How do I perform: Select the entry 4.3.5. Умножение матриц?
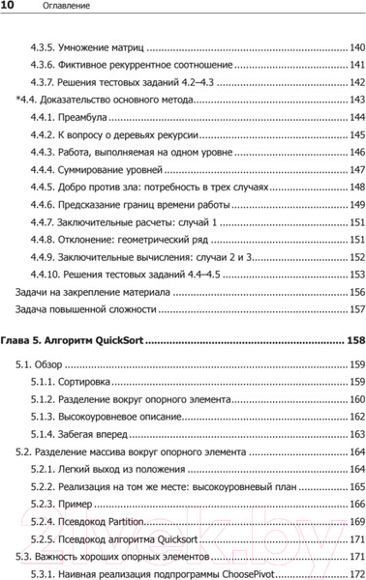[x=89, y=47]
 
